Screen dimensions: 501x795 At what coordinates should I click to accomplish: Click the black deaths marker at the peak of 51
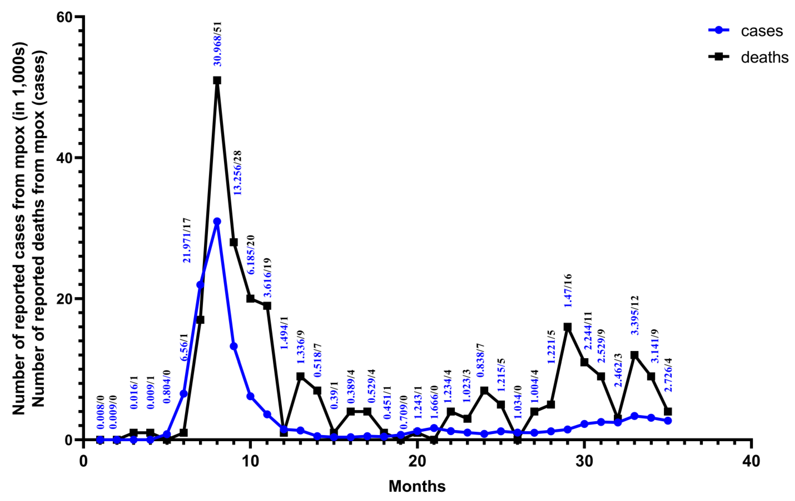point(217,81)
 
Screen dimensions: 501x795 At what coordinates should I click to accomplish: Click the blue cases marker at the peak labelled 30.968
point(217,221)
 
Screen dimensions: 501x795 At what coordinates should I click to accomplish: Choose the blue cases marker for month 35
point(668,420)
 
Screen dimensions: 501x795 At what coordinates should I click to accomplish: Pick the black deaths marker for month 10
point(250,298)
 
